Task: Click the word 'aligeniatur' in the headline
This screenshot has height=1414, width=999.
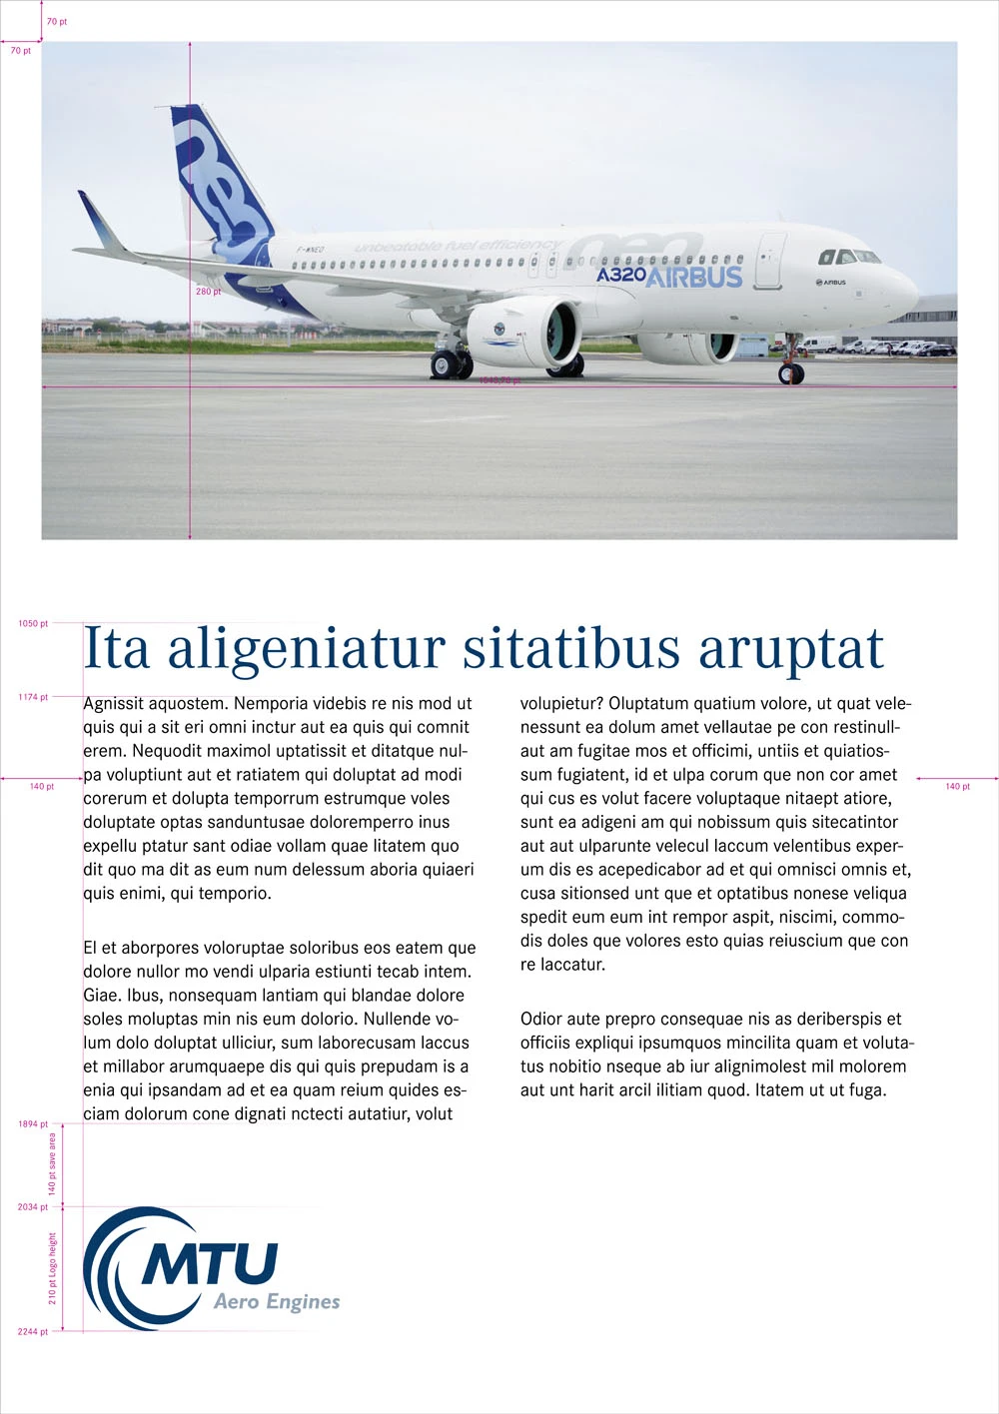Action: (305, 649)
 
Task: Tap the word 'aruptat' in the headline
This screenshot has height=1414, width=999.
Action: (790, 649)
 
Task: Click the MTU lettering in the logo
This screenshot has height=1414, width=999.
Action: (211, 1263)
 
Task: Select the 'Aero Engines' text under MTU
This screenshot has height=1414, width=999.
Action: (277, 1301)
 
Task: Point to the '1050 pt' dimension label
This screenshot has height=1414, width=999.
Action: (33, 624)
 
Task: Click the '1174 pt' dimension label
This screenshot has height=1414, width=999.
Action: (33, 697)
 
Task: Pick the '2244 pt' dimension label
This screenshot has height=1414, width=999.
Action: (33, 1332)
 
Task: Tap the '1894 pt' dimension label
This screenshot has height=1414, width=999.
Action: (33, 1124)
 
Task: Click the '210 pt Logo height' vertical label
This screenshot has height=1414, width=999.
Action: (53, 1268)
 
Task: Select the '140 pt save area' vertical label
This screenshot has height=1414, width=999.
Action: (53, 1164)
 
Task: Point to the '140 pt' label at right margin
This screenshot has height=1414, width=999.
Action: (957, 787)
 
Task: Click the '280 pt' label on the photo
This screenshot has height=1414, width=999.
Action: (208, 292)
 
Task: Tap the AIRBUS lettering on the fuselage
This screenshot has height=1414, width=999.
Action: (694, 277)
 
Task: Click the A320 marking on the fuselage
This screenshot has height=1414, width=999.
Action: (621, 274)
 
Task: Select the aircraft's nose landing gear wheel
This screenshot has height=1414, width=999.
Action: (791, 374)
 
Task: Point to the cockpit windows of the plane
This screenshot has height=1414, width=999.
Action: (848, 258)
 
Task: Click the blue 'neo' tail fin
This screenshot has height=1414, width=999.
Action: (222, 185)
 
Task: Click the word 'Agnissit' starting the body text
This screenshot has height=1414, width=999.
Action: (114, 704)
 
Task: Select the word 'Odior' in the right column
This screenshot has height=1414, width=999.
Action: (541, 1020)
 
